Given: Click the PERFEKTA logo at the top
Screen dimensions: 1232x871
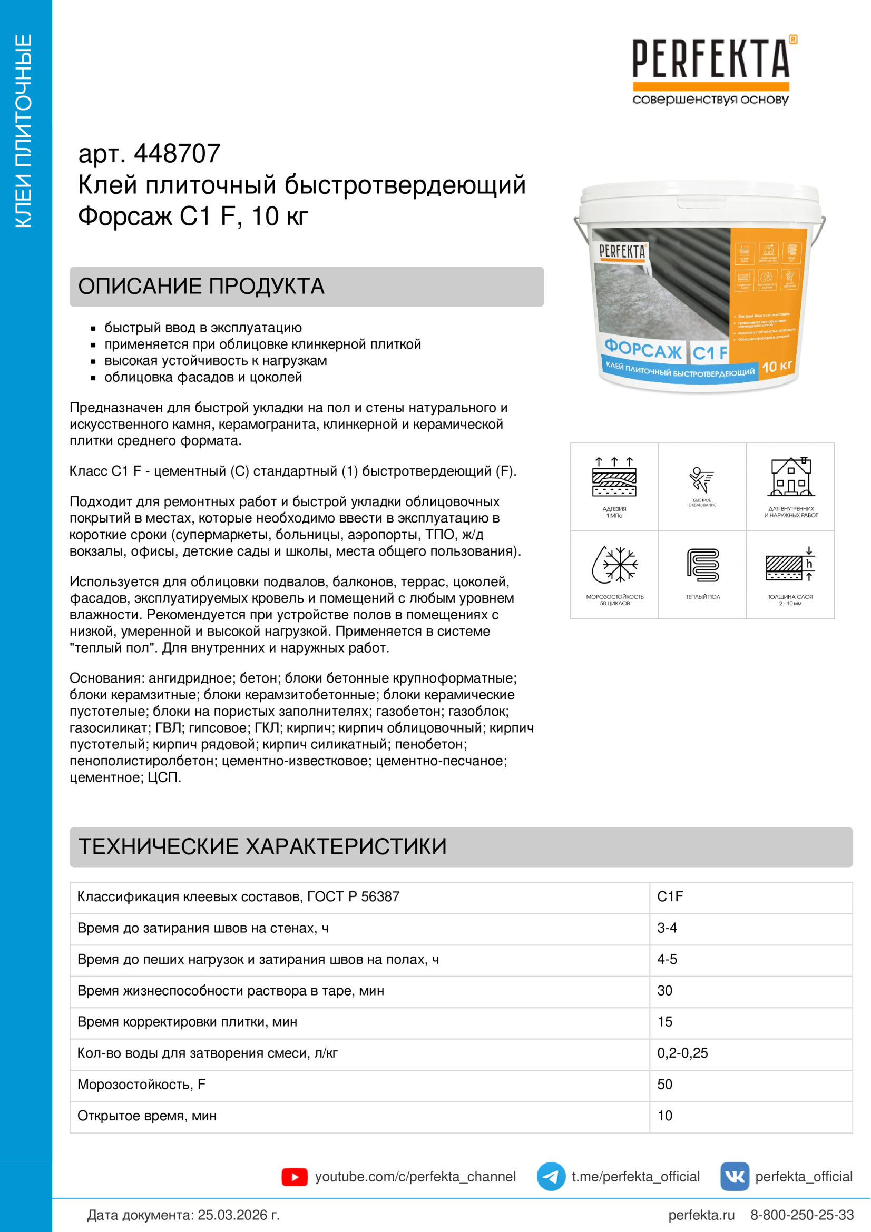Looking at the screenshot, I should (710, 70).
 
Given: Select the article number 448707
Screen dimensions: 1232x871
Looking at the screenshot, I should (177, 154).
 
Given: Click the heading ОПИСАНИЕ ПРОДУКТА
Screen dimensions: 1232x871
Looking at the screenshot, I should (201, 287).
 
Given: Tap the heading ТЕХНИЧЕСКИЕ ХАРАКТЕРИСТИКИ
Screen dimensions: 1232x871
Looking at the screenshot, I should (262, 846).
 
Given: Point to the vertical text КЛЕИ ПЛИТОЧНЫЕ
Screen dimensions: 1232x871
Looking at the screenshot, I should (24, 132).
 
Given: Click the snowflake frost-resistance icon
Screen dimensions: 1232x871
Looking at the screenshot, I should (614, 565).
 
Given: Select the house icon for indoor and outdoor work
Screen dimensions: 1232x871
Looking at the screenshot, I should (790, 477).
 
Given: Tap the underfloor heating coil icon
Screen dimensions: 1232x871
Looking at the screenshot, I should (702, 565).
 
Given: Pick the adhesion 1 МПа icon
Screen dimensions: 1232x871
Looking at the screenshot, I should (614, 477).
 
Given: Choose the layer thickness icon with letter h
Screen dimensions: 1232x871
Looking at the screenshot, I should (790, 565).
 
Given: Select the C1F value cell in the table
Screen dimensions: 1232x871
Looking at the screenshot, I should (670, 896).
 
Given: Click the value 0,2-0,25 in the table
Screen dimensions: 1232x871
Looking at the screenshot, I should (683, 1053).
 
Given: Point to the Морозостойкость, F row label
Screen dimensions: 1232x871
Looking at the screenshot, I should (142, 1084).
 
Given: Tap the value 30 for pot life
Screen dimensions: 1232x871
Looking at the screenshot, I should (665, 991).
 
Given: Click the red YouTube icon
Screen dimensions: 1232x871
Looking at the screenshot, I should (295, 1177).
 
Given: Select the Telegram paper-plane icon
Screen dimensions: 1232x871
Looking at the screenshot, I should (551, 1176).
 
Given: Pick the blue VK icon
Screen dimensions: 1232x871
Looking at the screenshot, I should (734, 1176).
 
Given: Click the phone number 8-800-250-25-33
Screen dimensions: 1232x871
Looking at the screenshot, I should (802, 1215).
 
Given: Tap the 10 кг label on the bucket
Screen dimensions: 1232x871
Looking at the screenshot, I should (777, 367).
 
